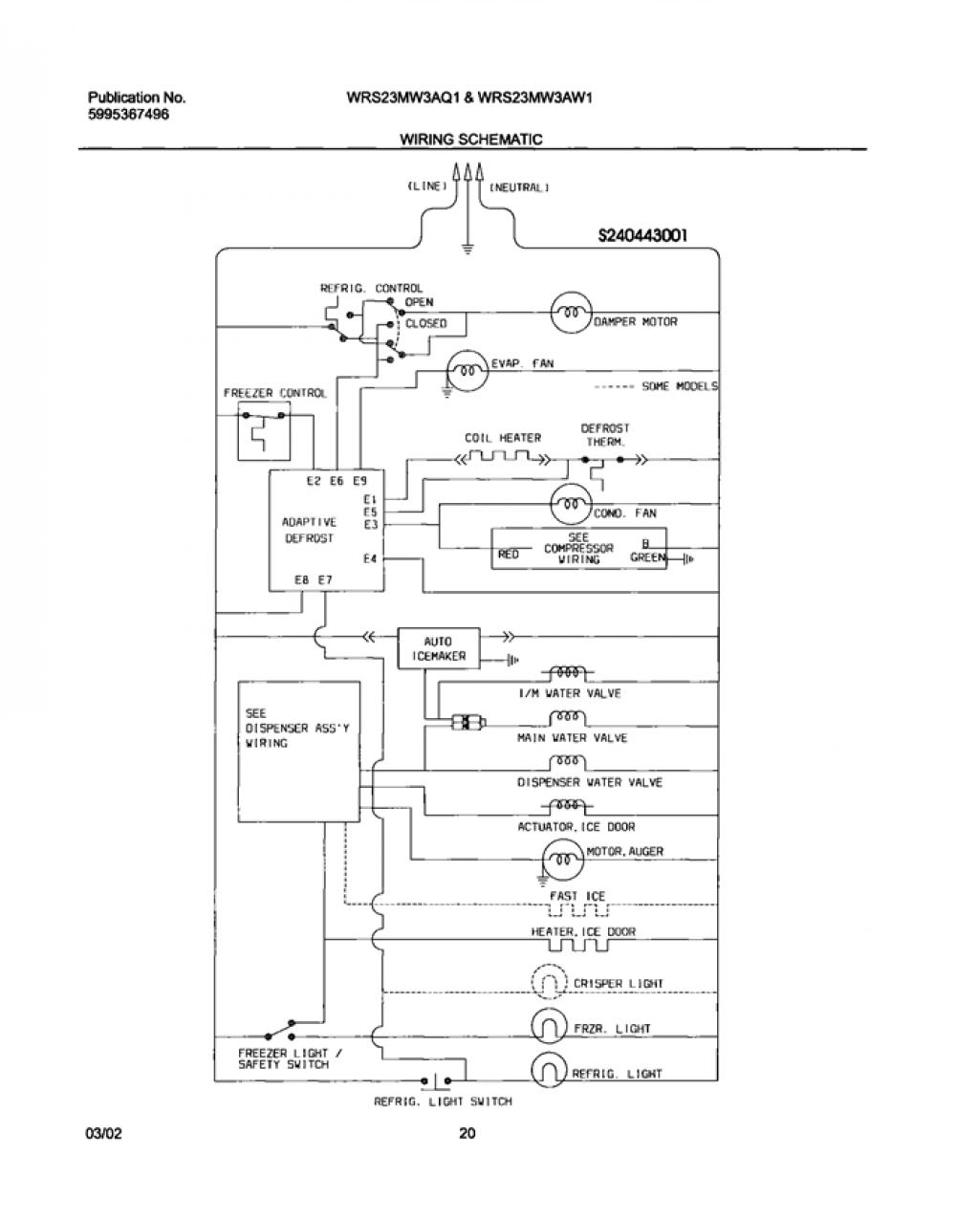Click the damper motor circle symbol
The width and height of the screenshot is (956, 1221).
point(572,313)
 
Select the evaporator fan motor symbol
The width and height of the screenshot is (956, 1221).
point(467,371)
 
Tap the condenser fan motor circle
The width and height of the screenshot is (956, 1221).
point(572,504)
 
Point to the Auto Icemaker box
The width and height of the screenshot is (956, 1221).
point(439,648)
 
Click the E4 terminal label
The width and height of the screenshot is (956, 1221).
point(369,558)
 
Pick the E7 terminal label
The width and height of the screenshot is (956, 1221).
point(325,579)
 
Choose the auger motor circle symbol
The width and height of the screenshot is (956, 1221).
point(563,860)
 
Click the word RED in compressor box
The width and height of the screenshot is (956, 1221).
point(509,555)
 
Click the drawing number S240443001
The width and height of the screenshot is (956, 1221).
point(642,235)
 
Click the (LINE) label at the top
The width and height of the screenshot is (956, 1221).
point(427,186)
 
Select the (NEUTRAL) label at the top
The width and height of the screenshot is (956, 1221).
point(519,187)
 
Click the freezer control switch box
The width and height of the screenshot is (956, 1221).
point(265,431)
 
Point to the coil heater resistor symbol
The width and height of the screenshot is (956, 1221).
point(501,458)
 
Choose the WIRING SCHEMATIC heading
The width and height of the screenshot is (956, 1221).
point(470,139)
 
